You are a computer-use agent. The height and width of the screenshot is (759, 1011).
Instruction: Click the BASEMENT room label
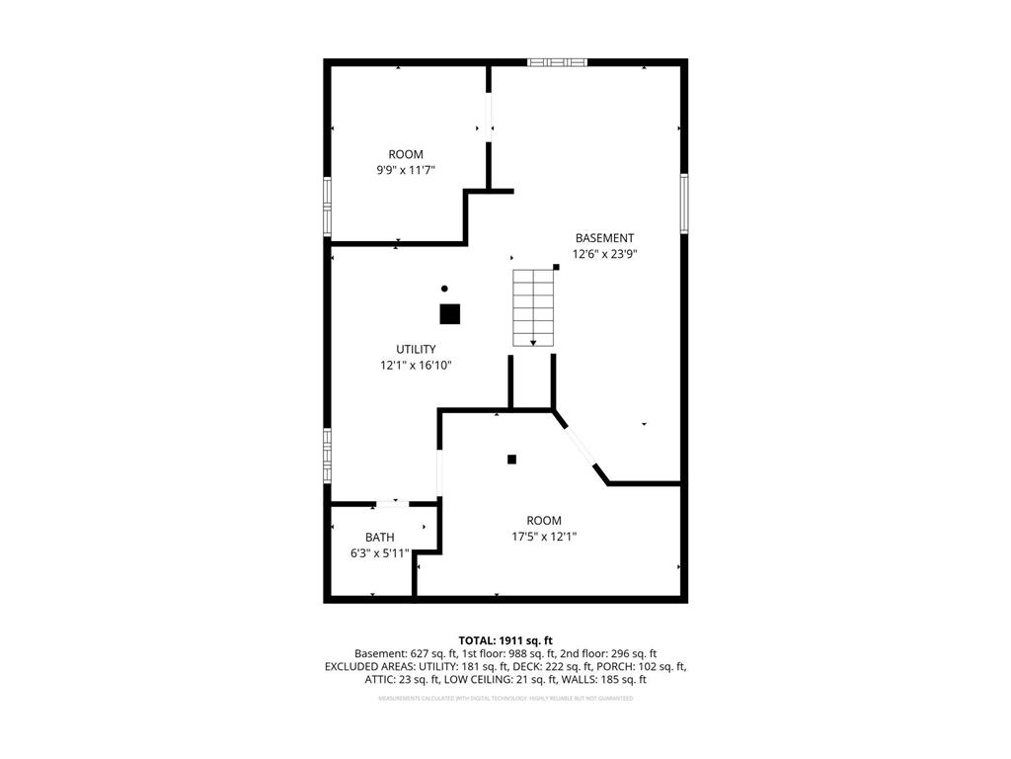pos(604,238)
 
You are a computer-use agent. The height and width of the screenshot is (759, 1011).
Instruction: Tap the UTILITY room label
pos(416,349)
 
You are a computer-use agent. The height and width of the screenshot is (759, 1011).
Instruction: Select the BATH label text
pos(379,537)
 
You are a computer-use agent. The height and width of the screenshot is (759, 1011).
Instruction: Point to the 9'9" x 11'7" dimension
pos(406,170)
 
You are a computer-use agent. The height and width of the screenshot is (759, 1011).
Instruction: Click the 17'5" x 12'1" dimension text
pos(543,537)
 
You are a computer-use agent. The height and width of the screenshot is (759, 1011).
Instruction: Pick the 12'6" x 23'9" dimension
pos(604,254)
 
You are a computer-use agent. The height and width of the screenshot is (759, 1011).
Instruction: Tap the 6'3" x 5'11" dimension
pos(379,552)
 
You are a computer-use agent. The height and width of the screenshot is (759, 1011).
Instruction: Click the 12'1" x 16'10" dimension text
pos(416,365)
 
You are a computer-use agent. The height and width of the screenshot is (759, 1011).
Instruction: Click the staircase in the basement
pos(533,306)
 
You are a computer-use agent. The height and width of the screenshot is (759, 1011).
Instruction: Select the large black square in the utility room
pos(449,314)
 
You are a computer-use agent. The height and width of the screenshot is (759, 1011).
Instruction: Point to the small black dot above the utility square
pos(444,289)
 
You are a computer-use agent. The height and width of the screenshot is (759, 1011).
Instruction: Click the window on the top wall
pos(557,62)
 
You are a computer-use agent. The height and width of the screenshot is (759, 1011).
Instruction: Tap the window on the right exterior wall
pos(683,204)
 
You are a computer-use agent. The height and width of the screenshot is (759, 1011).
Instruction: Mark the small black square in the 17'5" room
pos(511,459)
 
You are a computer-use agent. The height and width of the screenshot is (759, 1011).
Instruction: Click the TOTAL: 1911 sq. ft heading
pos(505,640)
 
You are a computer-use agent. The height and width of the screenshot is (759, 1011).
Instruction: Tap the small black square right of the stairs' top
pos(556,267)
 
